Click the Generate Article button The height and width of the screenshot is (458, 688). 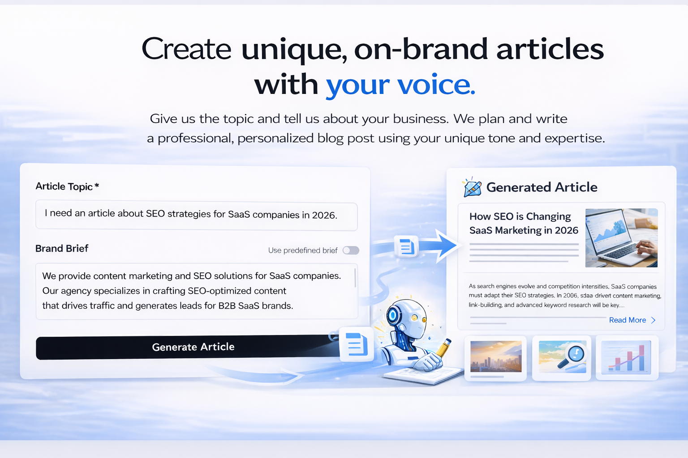point(193,347)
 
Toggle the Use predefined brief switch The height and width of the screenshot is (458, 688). point(351,250)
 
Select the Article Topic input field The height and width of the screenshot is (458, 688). point(196,215)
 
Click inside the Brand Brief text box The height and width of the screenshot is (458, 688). point(196,291)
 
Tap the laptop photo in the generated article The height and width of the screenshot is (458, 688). point(621,237)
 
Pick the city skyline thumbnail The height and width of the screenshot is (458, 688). point(496,357)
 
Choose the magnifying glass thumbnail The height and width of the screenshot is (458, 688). point(562,357)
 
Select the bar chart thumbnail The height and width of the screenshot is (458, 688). point(626,357)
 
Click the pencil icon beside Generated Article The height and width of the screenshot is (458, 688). point(472,188)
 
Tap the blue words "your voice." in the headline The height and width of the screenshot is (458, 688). point(400,85)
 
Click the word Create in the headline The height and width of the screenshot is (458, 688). point(186,49)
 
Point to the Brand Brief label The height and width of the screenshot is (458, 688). point(62,249)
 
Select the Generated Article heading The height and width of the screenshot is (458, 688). point(542,187)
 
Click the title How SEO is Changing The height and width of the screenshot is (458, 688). point(520,216)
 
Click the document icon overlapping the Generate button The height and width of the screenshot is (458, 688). point(357,344)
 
